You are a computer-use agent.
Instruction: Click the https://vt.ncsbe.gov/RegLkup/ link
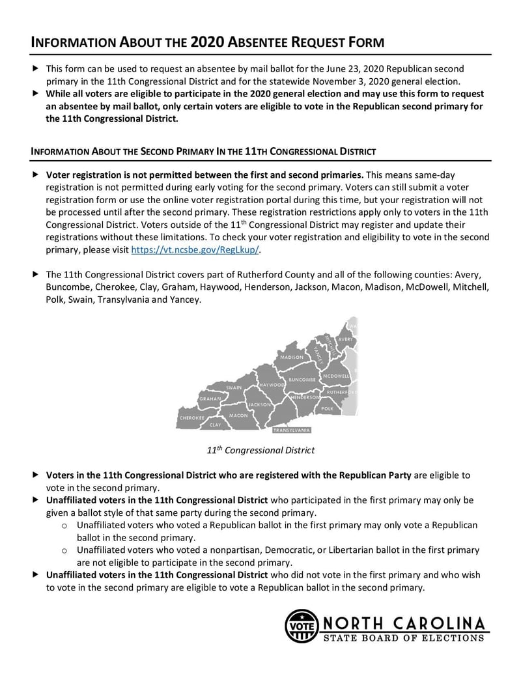pos(195,250)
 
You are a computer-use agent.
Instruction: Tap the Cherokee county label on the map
pos(191,417)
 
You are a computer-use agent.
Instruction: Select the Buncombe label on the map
pos(302,379)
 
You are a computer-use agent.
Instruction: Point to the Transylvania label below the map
pos(292,430)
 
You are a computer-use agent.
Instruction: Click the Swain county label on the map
pos(233,387)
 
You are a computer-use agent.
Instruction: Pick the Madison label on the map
pos(291,358)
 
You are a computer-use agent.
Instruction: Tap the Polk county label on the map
pos(328,408)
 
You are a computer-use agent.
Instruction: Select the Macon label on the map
pos(238,415)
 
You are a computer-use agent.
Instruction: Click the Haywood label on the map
pos(272,386)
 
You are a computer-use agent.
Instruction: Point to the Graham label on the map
pos(210,399)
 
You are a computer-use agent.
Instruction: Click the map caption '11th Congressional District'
pos(260,450)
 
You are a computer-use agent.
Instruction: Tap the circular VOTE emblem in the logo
pos(301,626)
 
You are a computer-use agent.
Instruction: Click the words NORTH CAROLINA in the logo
pos(404,622)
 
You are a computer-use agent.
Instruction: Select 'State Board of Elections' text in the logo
pos(404,638)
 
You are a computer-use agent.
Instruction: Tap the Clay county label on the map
pos(215,425)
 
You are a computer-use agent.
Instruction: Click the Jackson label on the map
pos(259,404)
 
